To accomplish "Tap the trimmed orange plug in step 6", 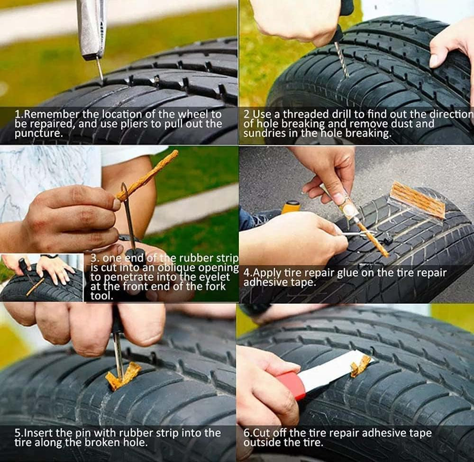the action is [x=361, y=366].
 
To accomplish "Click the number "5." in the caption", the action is [x=19, y=433].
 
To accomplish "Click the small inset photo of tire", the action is [x=41, y=278].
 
